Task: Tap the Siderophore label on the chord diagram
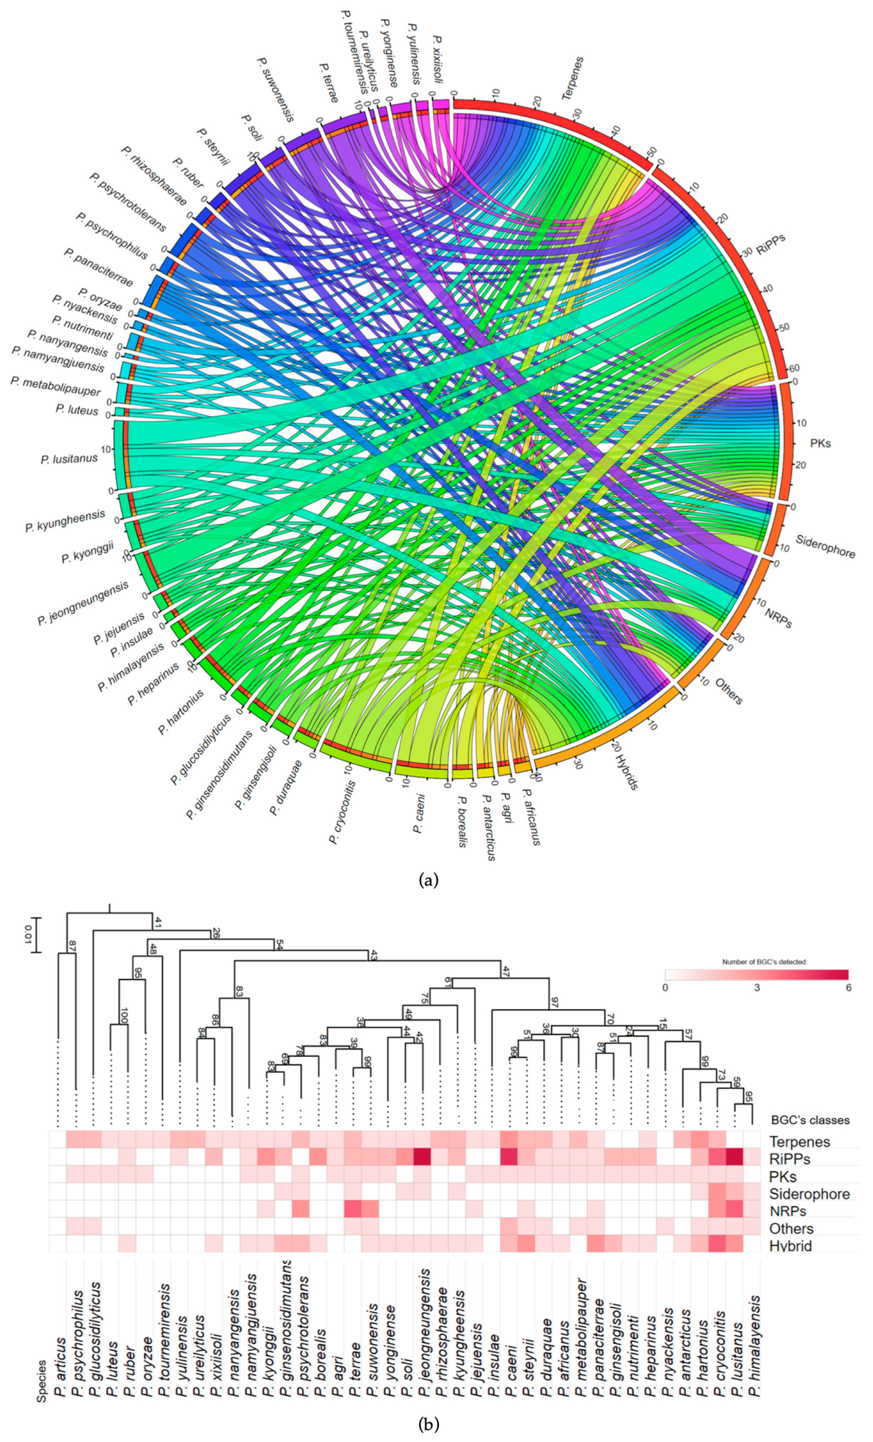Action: tap(825, 546)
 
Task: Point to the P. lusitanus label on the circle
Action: tap(69, 459)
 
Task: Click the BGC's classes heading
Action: tap(809, 1120)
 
